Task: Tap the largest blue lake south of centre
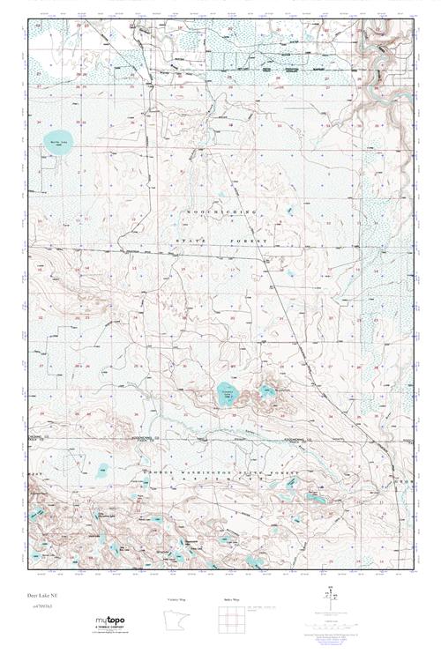228,393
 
